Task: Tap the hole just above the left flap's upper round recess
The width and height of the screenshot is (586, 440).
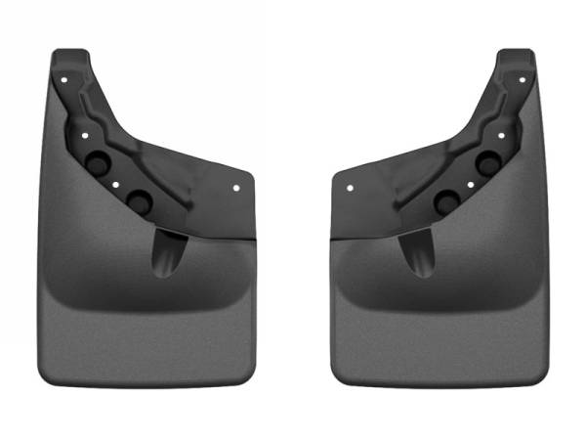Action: coord(87,134)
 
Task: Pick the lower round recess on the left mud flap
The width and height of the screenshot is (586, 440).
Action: coord(138,201)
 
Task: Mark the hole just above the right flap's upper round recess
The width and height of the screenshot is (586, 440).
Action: coord(499,134)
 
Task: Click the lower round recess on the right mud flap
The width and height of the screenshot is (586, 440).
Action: coord(448,202)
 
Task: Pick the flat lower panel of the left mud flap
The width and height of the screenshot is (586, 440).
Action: coord(146,332)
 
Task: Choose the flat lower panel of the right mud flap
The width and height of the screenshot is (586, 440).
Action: coord(439,332)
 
